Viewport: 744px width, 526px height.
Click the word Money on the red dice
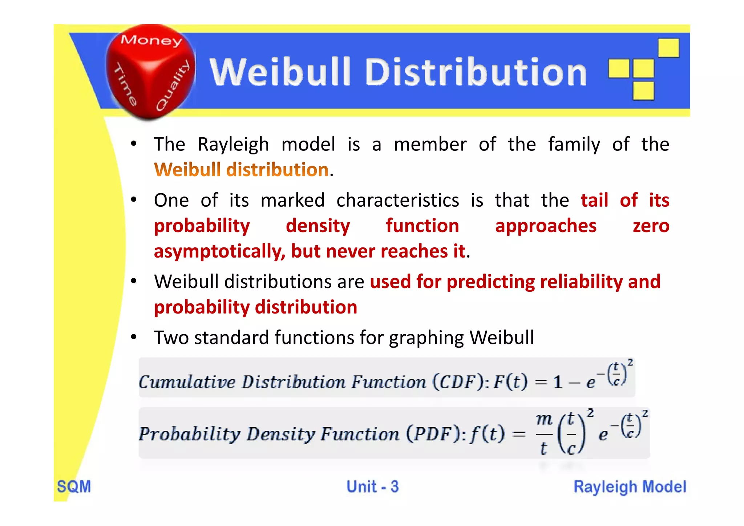[x=151, y=40]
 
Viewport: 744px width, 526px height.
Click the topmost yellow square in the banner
[x=668, y=48]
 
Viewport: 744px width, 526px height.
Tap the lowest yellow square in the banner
[x=643, y=91]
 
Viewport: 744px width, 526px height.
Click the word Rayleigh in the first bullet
[x=233, y=145]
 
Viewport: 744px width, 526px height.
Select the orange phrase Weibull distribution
[x=241, y=170]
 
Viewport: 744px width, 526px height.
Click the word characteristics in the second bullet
[x=397, y=201]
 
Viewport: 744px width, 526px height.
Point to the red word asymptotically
[x=219, y=251]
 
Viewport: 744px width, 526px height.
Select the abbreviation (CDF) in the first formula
[x=459, y=381]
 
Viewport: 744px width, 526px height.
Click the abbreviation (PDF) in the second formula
[x=433, y=433]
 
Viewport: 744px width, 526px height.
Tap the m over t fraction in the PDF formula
[x=544, y=434]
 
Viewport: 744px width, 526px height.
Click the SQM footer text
[x=74, y=486]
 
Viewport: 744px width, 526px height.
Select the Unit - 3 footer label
[x=372, y=486]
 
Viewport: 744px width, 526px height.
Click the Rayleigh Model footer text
[x=630, y=487]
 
